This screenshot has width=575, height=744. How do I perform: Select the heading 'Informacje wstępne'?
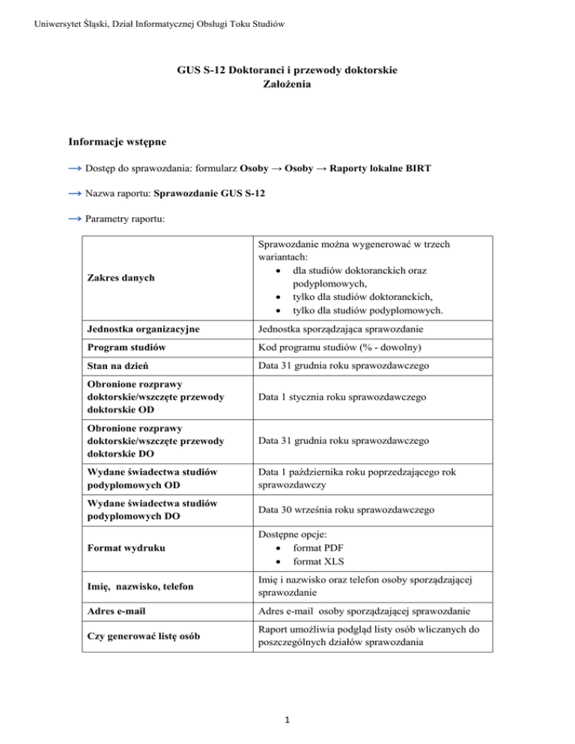tap(121, 141)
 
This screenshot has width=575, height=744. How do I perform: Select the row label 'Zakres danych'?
tap(125, 278)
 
